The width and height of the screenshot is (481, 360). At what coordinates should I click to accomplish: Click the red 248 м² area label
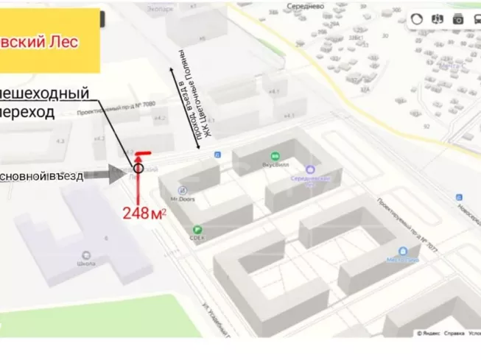point(144,214)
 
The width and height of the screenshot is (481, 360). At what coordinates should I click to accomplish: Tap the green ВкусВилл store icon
point(275,156)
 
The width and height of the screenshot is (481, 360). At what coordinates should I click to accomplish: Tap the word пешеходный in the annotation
point(46,94)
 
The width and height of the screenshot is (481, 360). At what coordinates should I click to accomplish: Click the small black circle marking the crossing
point(138,169)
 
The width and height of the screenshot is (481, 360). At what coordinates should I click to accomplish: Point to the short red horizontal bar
point(144,154)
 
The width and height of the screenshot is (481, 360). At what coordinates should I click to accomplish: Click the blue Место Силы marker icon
point(404,250)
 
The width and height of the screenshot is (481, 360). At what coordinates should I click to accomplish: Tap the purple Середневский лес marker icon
point(310,170)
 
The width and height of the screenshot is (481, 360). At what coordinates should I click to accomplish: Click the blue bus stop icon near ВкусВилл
point(217,155)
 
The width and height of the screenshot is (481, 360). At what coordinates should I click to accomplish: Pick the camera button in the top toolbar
point(458,20)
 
